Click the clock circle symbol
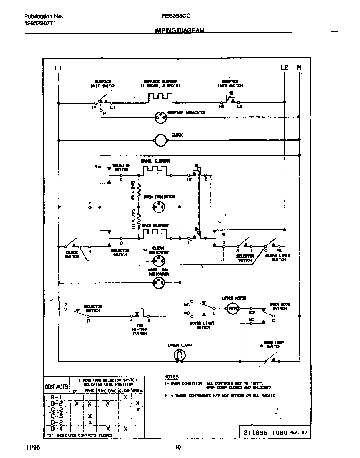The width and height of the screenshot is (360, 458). [160, 141]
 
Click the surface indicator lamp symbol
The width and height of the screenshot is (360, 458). [160, 118]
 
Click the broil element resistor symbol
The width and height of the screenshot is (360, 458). [155, 171]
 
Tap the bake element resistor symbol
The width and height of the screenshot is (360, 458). [155, 233]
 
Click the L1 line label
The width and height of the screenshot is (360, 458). [58, 68]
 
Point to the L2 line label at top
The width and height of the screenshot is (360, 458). [285, 67]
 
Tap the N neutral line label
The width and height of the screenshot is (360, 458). [299, 67]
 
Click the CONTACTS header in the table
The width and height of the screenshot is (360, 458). [56, 386]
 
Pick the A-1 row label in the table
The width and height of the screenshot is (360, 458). [56, 397]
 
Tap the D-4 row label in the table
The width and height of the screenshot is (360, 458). [56, 428]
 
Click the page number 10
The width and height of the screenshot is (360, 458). [177, 448]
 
